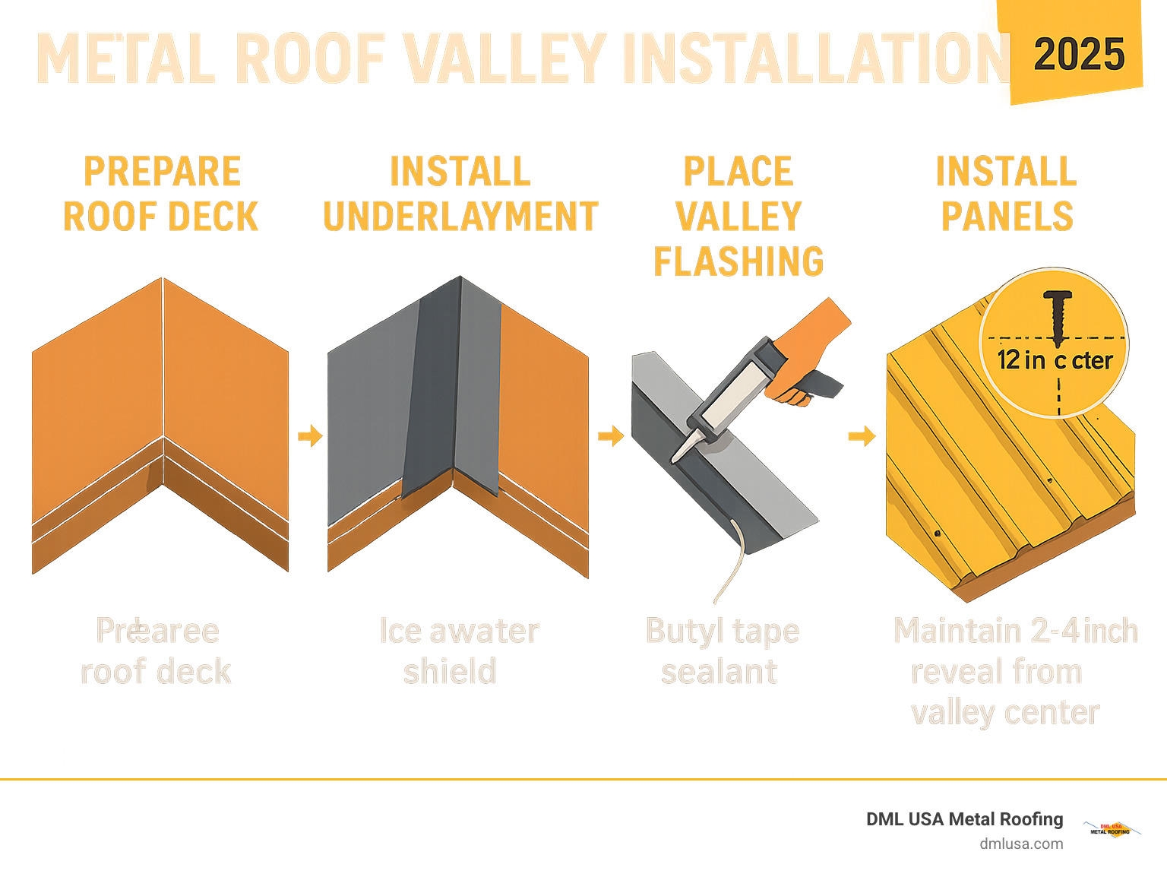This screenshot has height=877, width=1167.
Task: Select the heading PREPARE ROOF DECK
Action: tap(161, 194)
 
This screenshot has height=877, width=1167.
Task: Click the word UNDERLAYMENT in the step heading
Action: tap(460, 217)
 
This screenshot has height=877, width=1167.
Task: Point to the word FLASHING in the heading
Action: tap(738, 262)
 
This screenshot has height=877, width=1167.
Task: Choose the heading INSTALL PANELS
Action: tap(1007, 194)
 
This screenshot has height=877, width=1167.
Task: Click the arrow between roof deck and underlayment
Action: tap(310, 436)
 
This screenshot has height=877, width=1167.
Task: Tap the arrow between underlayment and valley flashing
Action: tap(610, 436)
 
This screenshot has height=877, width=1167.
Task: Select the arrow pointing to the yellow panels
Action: tap(862, 436)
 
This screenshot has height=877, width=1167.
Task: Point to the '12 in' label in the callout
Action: tap(1021, 360)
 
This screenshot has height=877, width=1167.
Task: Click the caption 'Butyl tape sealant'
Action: tap(721, 651)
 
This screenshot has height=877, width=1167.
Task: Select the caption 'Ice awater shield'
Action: tap(458, 651)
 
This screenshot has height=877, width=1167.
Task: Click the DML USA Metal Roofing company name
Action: tap(964, 819)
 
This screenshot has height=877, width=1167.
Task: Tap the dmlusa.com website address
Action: tap(1020, 844)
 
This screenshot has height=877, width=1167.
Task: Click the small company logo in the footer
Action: tap(1110, 829)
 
